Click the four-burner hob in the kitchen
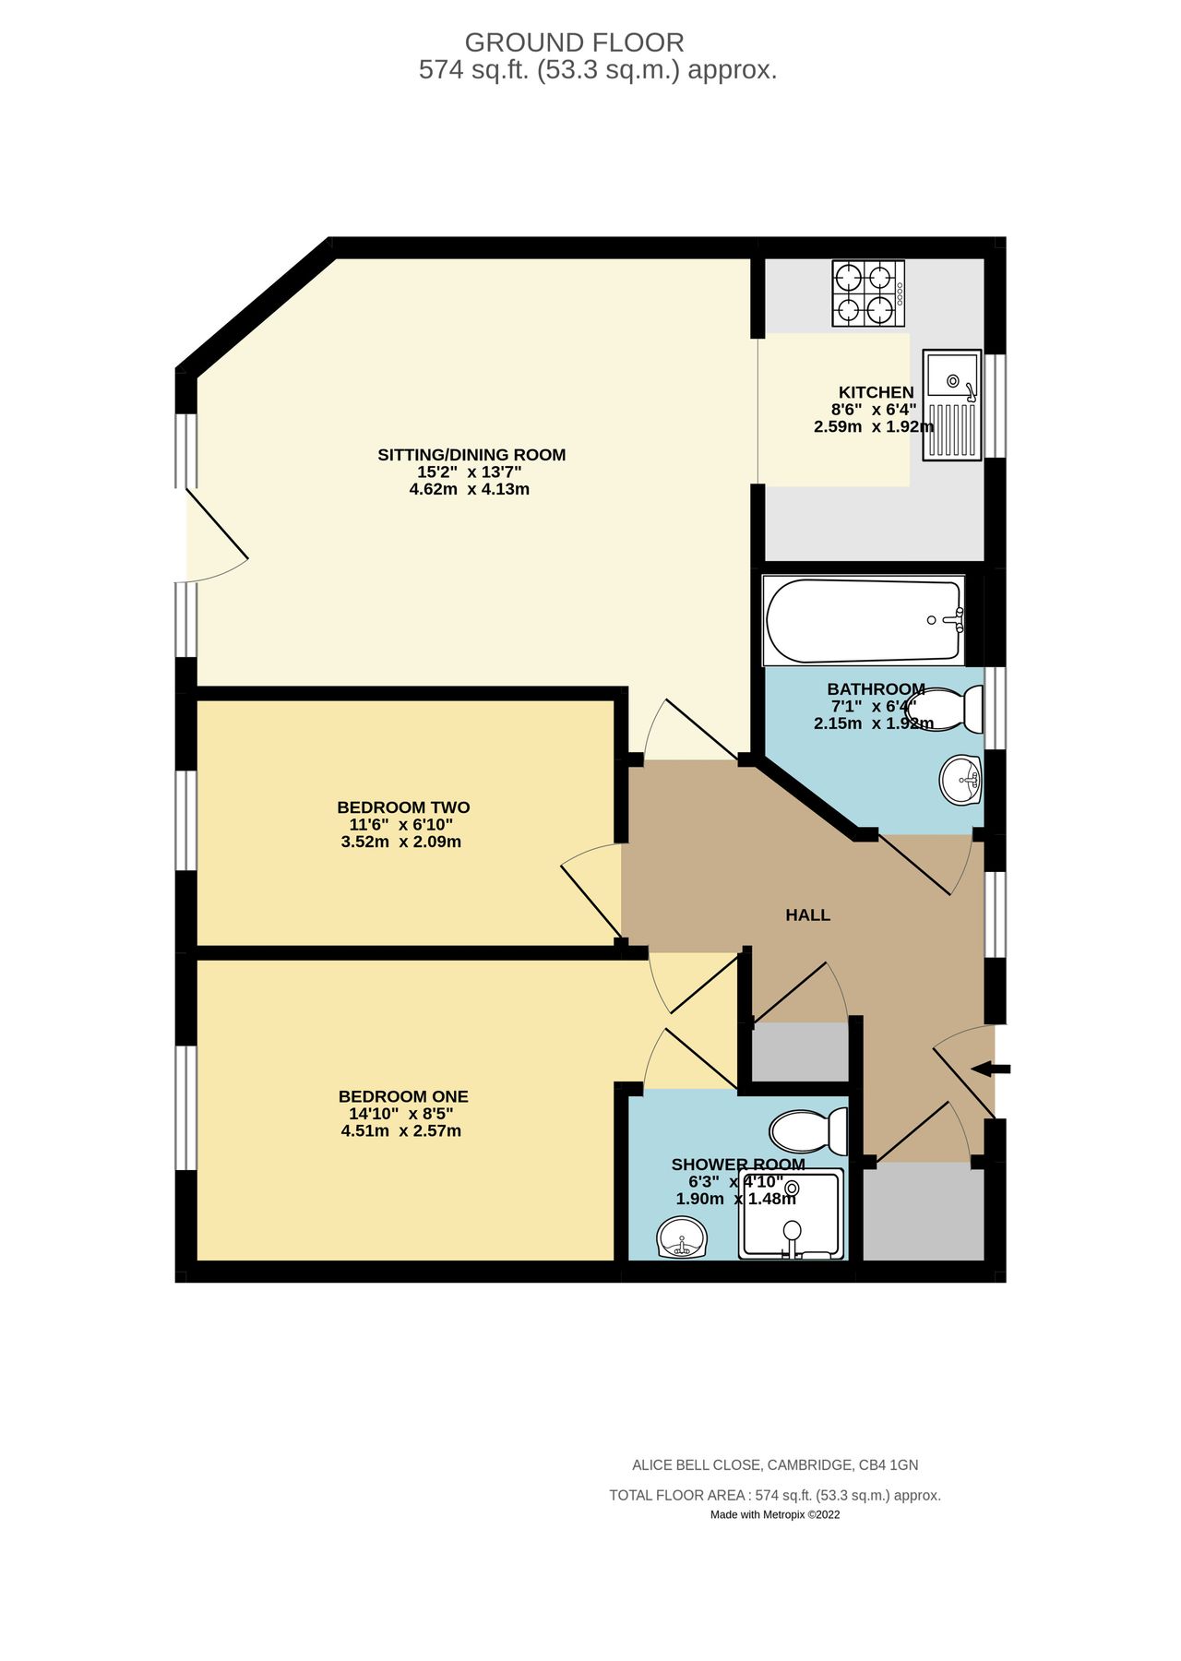(867, 293)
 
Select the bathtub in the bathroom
(863, 620)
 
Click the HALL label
(807, 914)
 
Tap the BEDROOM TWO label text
(403, 807)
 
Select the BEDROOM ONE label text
(403, 1096)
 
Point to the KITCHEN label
(876, 392)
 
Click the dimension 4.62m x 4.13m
(469, 489)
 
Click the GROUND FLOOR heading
(574, 42)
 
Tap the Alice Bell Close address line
(774, 1464)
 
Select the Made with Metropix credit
(774, 1514)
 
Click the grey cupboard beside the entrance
(923, 1211)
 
